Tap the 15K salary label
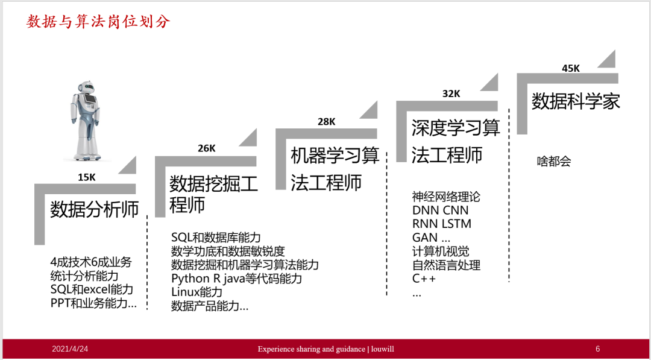[87, 177]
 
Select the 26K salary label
[206, 148]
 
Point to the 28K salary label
[327, 122]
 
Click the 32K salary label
[451, 93]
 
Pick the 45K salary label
[571, 68]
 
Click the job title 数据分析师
[95, 209]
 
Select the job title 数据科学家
[576, 101]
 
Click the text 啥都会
[553, 162]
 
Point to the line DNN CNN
[440, 210]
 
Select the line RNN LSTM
[442, 224]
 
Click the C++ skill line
[424, 279]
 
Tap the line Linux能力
[197, 292]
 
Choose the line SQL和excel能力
[92, 289]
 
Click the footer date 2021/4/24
[70, 349]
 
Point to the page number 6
[597, 349]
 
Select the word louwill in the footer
[382, 349]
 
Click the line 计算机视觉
[441, 251]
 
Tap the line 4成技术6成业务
[90, 262]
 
